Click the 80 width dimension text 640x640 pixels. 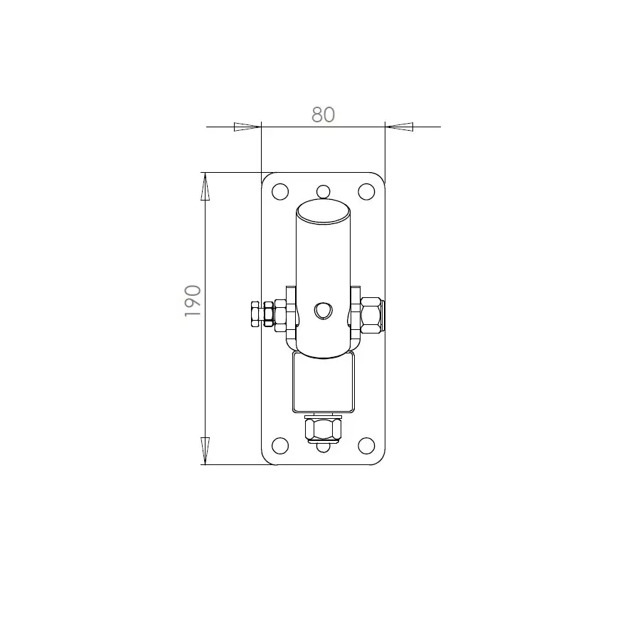323,114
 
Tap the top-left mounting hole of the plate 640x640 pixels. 280,191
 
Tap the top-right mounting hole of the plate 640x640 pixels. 366,191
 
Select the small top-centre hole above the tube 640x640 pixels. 324,191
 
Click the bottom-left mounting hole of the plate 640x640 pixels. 280,446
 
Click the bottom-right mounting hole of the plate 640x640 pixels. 366,446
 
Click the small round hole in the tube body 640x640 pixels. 324,310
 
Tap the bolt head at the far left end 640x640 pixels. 255,314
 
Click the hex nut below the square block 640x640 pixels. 324,430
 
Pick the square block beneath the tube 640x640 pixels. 324,384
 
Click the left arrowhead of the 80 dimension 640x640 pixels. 247,127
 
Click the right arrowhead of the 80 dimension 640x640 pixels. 399,127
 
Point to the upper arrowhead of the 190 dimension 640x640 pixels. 206,188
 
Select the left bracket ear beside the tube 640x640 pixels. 291,313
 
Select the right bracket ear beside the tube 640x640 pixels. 354,313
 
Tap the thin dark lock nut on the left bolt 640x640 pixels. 269,314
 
